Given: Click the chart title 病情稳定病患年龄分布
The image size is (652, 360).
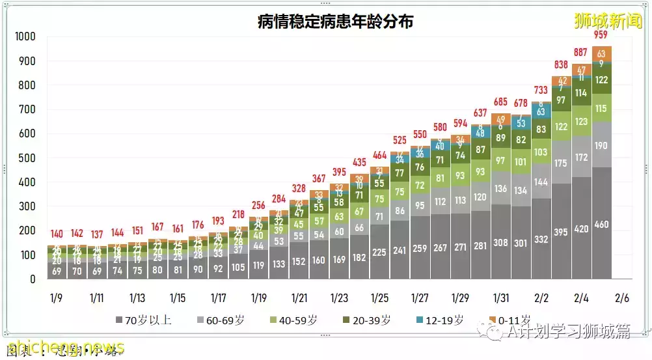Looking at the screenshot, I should coord(335,21).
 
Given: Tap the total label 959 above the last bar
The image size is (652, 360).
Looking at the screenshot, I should coord(601,35).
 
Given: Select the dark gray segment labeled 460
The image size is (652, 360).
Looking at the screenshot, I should coord(601,225).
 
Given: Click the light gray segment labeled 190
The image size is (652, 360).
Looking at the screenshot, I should coord(601,145).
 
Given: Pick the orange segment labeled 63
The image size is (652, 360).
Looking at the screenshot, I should coord(601,53).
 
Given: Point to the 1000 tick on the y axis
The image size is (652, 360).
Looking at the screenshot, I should coord(25,36).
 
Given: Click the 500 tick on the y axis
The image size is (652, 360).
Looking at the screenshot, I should coord(27,158).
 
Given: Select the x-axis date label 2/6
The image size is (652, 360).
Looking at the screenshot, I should coord(621,298).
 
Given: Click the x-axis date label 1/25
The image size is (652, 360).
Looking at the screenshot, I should coord(380,298).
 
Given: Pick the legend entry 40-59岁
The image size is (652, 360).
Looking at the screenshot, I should coord(297,320).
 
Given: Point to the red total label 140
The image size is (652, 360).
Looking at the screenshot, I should coord(57,234).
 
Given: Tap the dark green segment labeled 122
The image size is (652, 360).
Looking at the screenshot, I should coord(601,80).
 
